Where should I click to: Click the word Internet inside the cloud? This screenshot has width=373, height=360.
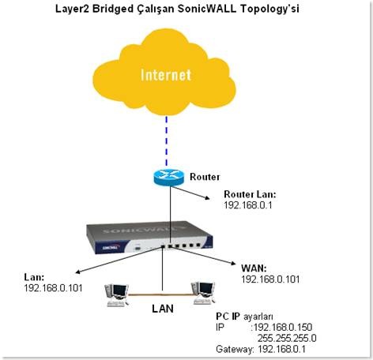[166, 75]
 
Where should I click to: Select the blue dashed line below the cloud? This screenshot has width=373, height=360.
[166, 141]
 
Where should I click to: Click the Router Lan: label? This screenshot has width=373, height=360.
[250, 194]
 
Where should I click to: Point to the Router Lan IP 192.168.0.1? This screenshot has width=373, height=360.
[248, 205]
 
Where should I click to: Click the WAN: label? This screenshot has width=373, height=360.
[254, 268]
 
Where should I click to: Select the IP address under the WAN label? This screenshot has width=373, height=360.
[270, 279]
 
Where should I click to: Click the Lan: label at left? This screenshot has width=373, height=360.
[34, 277]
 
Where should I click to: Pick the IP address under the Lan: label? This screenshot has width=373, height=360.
[53, 288]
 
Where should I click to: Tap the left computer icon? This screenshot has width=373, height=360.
[117, 295]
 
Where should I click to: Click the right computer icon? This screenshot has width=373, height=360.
[203, 293]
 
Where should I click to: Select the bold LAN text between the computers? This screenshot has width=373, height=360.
[163, 309]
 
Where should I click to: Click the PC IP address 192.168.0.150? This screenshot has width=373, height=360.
[283, 327]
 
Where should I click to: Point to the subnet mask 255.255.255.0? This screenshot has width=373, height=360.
[287, 338]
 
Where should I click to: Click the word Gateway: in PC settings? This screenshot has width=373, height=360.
[235, 350]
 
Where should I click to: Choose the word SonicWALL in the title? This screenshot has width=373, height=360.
[207, 9]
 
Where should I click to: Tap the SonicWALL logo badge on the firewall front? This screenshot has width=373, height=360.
[111, 248]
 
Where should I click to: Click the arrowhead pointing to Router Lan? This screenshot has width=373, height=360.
[207, 198]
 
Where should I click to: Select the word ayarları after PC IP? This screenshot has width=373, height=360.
[258, 317]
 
